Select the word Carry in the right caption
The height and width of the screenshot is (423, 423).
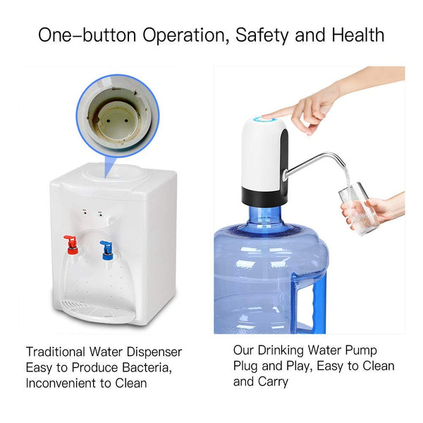[272, 382]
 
